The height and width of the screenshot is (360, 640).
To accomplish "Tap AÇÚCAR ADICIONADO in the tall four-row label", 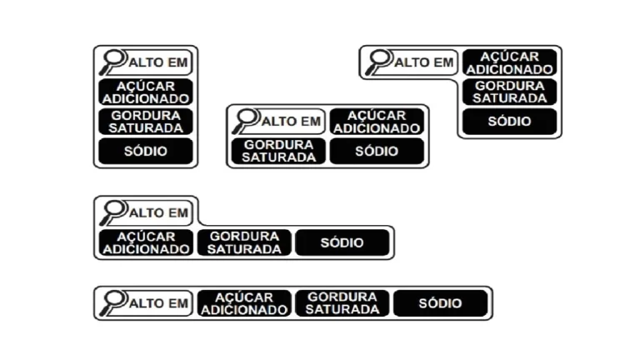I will coord(146,92).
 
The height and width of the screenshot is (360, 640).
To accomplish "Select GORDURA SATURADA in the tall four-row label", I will coord(146,122).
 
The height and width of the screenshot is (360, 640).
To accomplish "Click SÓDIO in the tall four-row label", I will coord(146,151).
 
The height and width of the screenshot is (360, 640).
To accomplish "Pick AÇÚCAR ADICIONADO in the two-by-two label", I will coord(377,122).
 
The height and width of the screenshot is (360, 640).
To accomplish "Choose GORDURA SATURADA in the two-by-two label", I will coord(278,151).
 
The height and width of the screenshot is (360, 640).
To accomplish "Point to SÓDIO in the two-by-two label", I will coord(377,151).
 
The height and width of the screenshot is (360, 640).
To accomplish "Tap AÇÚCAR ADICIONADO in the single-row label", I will coord(244,303).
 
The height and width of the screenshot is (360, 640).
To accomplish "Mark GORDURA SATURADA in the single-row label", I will coord(342,303).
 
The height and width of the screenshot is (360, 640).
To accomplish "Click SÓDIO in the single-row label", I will coord(440,303).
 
